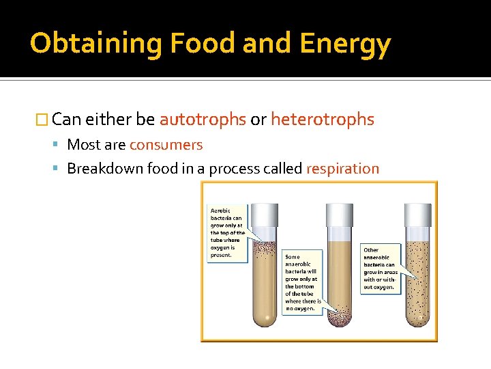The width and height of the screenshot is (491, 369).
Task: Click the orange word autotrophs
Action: click(x=203, y=120)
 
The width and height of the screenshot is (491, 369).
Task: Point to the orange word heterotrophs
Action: click(x=323, y=120)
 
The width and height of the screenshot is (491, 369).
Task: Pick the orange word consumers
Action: click(x=166, y=145)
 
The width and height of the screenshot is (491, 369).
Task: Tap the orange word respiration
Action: click(x=343, y=169)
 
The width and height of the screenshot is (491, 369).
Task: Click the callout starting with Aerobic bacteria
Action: click(x=226, y=232)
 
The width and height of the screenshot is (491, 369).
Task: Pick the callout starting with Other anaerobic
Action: click(x=380, y=269)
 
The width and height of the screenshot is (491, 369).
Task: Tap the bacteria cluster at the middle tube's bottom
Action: click(x=340, y=314)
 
